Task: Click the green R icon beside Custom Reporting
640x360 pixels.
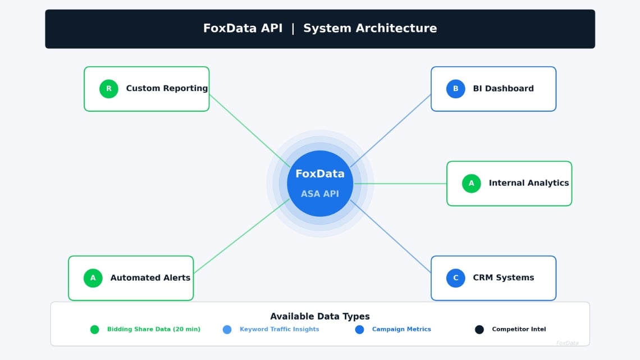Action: click(109, 89)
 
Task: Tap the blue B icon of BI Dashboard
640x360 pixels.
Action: click(455, 89)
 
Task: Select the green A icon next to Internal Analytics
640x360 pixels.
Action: click(471, 183)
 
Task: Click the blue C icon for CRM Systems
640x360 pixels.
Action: click(455, 277)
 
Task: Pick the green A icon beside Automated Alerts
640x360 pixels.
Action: click(93, 277)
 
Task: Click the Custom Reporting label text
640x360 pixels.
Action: click(167, 88)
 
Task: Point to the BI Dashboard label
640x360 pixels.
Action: click(503, 88)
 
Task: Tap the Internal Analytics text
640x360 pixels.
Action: click(528, 183)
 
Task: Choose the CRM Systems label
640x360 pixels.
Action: click(503, 277)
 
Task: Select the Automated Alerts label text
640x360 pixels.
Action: click(150, 277)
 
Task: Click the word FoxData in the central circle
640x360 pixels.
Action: click(319, 174)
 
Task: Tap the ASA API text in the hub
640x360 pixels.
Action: click(319, 194)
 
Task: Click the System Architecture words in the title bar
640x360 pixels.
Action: click(369, 29)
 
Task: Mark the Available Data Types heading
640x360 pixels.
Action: click(319, 316)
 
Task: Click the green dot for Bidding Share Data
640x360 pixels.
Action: click(94, 330)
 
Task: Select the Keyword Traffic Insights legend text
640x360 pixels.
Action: click(279, 330)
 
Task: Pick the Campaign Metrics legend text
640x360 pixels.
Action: click(401, 330)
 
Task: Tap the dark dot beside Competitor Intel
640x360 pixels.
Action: click(479, 330)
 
